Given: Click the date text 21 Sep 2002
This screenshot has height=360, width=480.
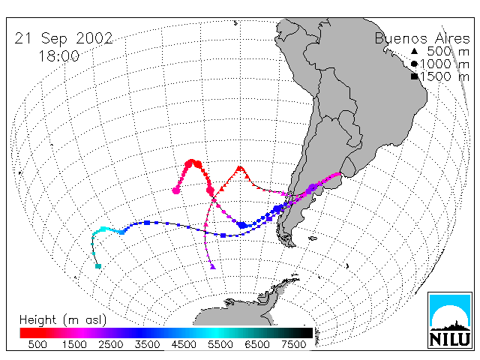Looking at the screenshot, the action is [64, 39].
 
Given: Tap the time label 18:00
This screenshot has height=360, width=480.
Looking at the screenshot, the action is [58, 56].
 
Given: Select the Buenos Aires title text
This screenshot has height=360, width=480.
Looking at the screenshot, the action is [422, 38].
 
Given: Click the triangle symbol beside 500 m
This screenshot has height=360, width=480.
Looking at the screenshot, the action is [414, 51].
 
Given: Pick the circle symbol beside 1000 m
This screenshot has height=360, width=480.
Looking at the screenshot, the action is [414, 64].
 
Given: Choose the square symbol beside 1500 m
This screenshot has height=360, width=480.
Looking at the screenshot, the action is [415, 76].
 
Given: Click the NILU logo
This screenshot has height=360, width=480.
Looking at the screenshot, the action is [450, 320].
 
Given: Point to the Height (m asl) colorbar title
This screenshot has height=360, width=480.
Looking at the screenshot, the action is [63, 320].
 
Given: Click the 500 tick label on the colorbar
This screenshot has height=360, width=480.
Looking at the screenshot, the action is [37, 345].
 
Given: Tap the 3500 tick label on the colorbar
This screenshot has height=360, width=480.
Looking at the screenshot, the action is [147, 345].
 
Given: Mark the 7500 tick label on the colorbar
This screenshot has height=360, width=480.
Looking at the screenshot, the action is [293, 345].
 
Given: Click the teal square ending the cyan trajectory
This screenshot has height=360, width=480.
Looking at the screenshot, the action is [98, 266].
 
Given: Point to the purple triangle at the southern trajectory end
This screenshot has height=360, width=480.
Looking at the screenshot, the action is [213, 267].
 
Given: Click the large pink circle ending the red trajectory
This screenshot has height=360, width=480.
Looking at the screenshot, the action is [175, 190].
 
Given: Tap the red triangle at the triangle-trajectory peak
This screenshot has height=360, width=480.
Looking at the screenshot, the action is [240, 168].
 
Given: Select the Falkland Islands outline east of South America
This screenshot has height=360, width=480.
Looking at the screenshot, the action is [313, 238].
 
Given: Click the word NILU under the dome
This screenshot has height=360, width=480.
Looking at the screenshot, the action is [450, 340].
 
